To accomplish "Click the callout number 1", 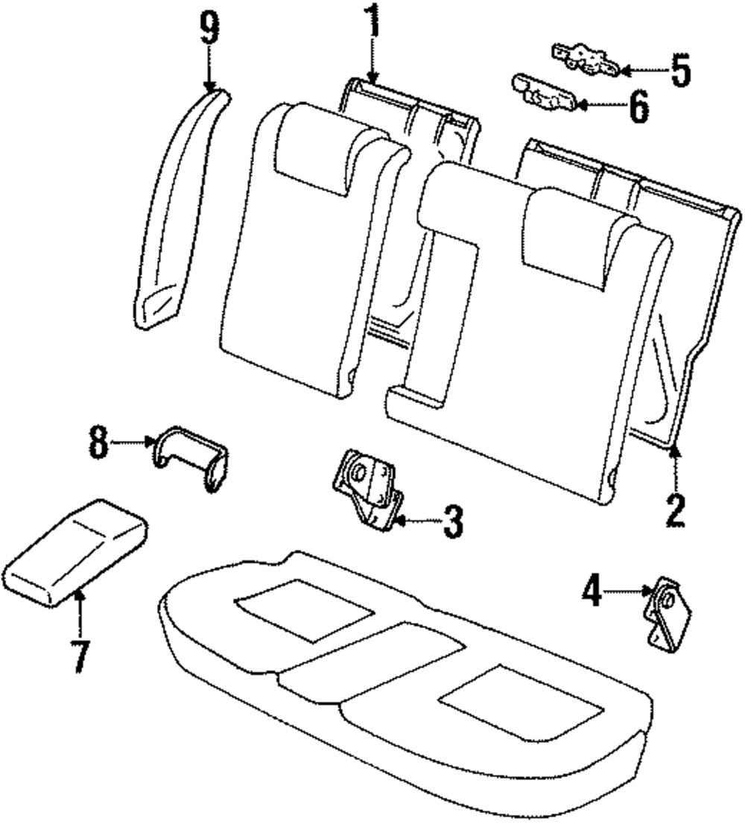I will point(370,24).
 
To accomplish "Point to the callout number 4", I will point(592,593).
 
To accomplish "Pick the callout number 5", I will point(679,71).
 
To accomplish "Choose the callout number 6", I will point(638,107).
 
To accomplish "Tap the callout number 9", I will point(209,31).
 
